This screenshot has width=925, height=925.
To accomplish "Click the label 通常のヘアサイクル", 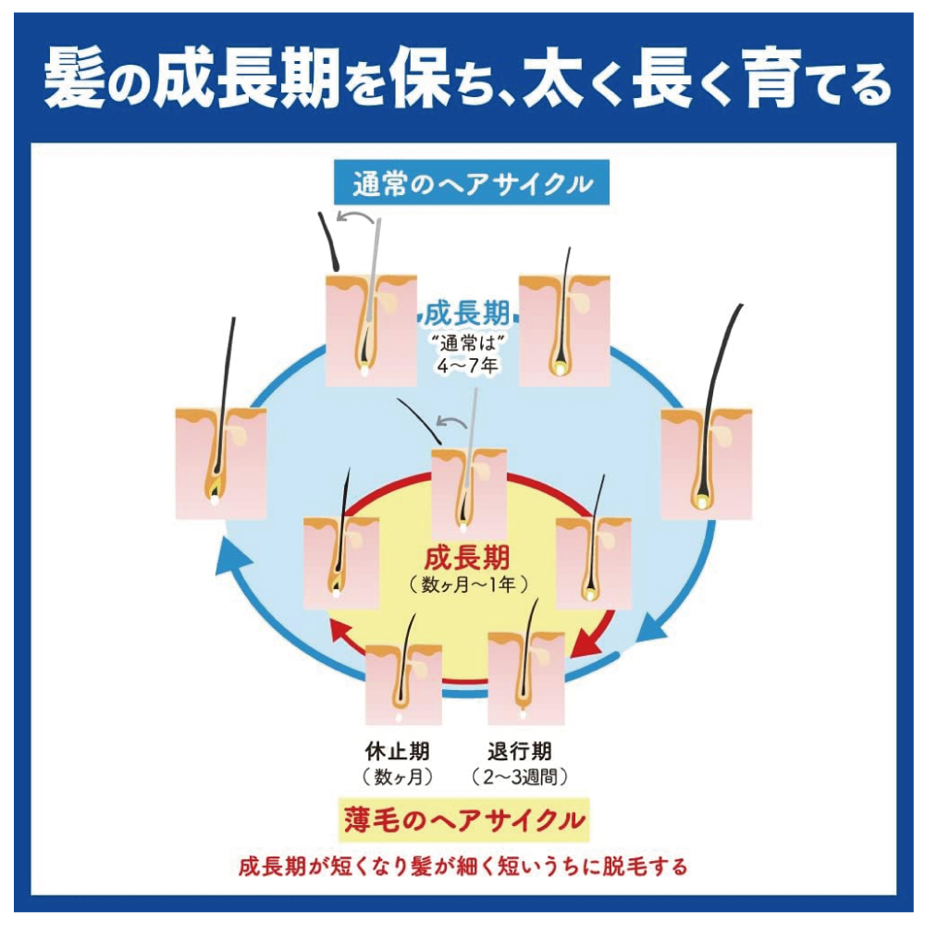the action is (x=472, y=183).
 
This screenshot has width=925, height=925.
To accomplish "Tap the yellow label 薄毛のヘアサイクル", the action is (x=464, y=820).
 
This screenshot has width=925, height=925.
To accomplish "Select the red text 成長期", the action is (x=466, y=557).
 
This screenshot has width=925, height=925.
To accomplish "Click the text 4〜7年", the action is (x=467, y=365).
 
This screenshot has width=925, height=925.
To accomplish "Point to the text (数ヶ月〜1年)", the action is (x=468, y=585).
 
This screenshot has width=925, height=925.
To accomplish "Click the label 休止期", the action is (x=397, y=751).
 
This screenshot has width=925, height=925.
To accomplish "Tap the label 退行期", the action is (x=520, y=751).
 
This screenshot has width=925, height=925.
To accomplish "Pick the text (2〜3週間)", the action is (x=520, y=777).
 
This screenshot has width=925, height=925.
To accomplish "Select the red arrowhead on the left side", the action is (x=343, y=633).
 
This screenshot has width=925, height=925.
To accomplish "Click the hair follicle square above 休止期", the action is (x=403, y=684).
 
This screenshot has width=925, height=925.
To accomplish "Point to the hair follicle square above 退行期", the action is (x=526, y=678).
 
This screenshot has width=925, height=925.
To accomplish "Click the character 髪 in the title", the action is (x=75, y=79).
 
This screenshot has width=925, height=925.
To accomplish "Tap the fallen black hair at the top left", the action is (x=328, y=241).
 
